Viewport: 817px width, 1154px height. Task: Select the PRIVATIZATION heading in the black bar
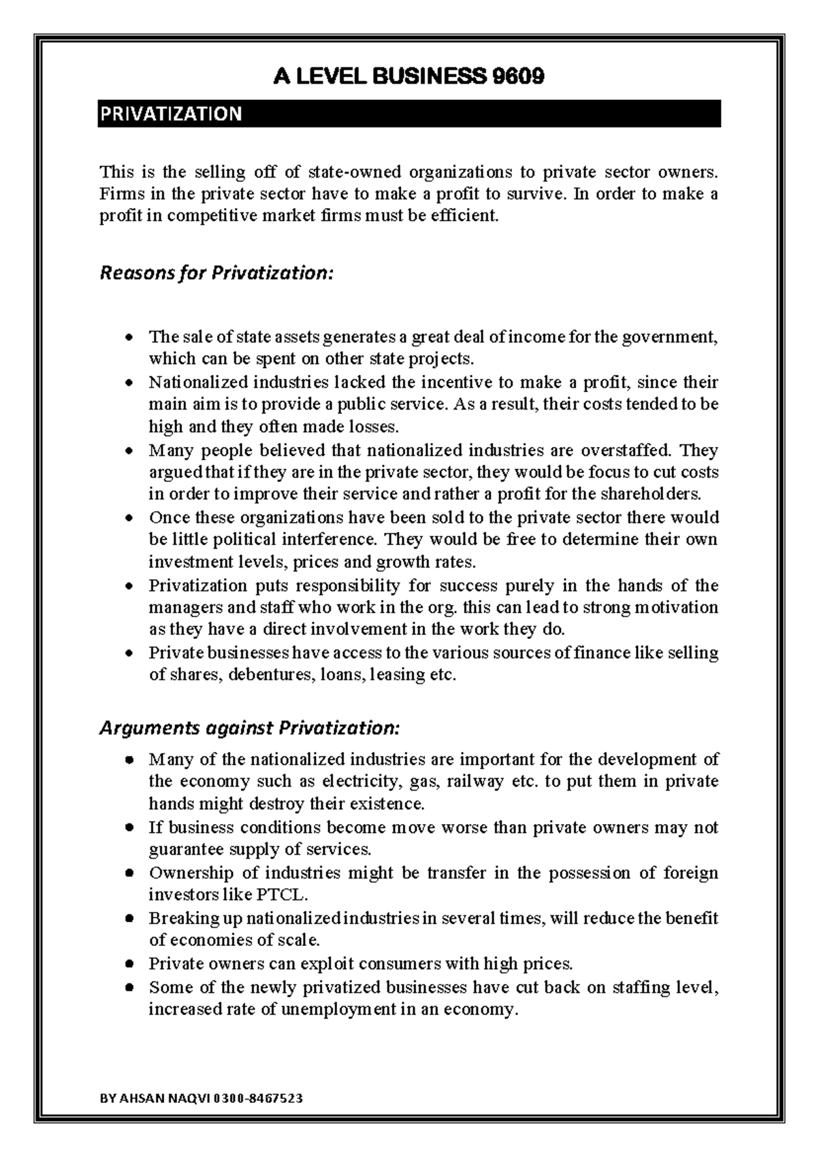click(x=171, y=114)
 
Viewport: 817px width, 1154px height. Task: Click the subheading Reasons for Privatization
click(x=217, y=274)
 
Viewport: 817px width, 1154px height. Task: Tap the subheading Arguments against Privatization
click(x=249, y=728)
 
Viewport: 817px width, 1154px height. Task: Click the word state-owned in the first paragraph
click(x=355, y=171)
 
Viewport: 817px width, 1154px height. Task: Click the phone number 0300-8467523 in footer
click(x=258, y=1099)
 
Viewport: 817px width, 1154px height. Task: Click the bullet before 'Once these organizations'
click(x=129, y=518)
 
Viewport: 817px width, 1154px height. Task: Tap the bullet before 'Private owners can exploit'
click(x=129, y=965)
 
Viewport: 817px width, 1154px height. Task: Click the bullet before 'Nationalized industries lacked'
click(x=129, y=383)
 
